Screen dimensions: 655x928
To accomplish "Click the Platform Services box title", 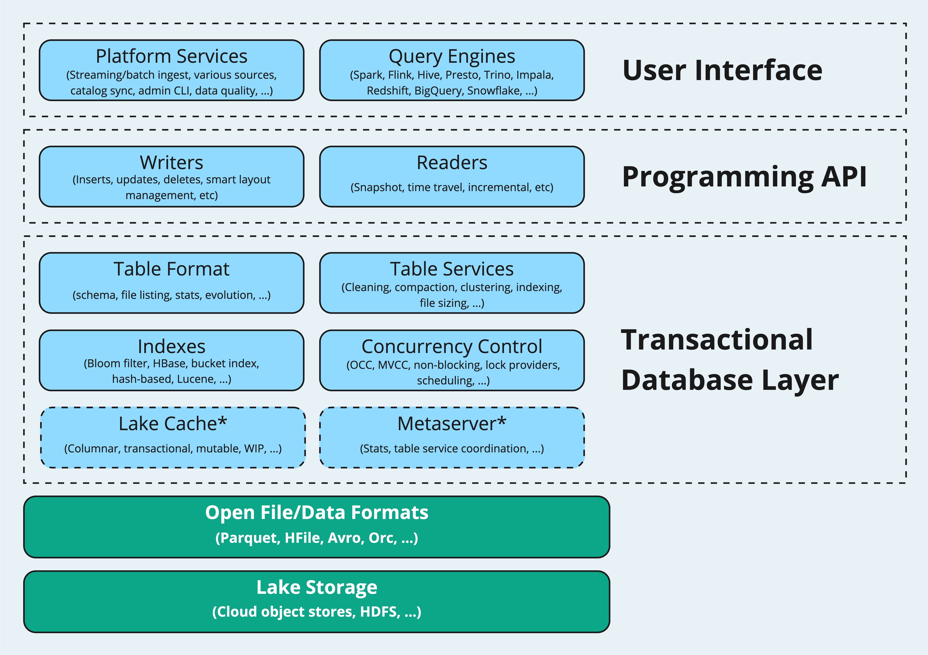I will click(171, 56).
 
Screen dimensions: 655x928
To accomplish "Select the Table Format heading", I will click(171, 269).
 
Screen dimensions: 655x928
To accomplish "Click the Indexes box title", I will click(171, 346).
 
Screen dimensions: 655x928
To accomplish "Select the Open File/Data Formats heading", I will click(317, 512).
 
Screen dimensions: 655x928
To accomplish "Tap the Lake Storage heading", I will click(317, 587).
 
